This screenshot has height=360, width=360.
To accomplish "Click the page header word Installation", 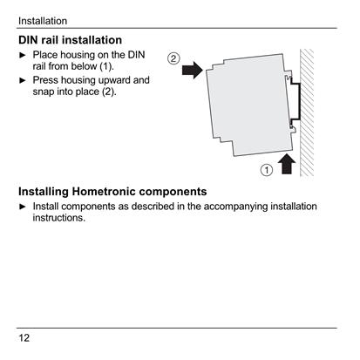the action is point(43,21).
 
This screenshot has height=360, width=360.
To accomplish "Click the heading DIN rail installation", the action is point(70,40).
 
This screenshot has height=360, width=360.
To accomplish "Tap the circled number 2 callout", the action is point(173,58).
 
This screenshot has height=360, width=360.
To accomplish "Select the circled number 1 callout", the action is point(267,170).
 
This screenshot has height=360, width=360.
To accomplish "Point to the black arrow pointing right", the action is point(193,70).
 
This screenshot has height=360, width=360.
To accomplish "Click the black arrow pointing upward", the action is point(287,164).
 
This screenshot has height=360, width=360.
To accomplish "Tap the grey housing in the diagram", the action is point(249,105).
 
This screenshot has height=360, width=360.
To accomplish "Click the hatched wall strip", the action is point(307,112).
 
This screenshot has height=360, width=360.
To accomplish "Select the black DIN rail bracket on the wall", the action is point(295,101).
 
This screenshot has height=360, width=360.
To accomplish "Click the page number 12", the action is point(24,338).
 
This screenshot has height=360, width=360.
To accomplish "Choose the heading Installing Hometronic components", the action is point(112,192).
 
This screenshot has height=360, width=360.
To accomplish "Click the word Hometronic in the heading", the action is point(103,192).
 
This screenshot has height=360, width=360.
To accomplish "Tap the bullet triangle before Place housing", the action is point(23,55).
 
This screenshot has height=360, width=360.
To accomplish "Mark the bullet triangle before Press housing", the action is point(23,80).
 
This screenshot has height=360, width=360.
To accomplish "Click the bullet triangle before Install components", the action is point(23,207).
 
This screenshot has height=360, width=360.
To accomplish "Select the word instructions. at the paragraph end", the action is point(59,218).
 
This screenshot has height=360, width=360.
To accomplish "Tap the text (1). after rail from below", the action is point(106,66).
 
